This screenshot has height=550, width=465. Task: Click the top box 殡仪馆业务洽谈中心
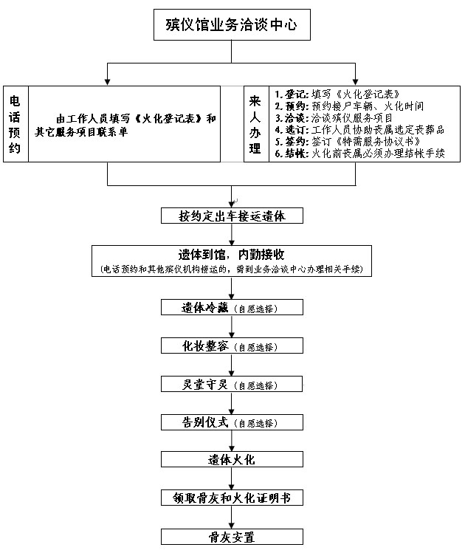pos(232,24)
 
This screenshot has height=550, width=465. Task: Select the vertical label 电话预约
pos(14,124)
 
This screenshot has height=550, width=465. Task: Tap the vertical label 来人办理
pos(255,124)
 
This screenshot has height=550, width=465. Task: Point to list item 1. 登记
pos(337,94)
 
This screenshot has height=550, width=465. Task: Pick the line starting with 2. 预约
pos(349,106)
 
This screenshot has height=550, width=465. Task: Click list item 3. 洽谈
pos(334,118)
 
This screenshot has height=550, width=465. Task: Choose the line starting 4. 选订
pos(359,130)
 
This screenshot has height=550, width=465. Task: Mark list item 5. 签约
pos(348,141)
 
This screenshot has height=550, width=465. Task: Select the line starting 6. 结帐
pos(359,154)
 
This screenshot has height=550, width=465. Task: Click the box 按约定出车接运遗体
pos(232,216)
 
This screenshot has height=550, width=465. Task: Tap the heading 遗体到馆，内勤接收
pos(231,254)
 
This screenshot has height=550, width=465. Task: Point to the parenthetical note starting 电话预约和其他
pos(232,269)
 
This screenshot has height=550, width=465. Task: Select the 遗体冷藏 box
pos(232,307)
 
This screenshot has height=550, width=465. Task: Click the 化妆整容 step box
pos(232,346)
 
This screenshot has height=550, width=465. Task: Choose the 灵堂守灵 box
pos(232,384)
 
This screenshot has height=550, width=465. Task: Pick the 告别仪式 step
pos(232,422)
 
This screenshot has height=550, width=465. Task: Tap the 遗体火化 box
pos(232,459)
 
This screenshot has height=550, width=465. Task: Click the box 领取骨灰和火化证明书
pos(232,498)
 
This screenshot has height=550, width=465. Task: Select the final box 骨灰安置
pos(232,537)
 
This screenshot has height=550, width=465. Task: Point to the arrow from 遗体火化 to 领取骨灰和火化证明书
pos(232,478)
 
